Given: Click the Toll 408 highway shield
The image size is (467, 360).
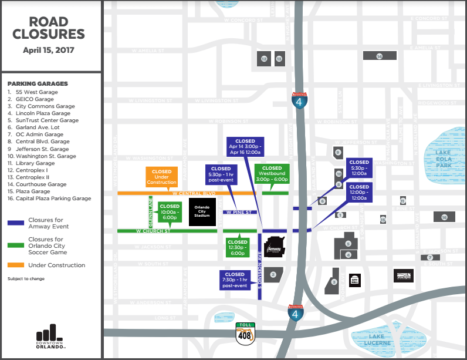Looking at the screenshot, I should coord(245,332).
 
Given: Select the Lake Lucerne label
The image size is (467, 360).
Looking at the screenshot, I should coord(371,339).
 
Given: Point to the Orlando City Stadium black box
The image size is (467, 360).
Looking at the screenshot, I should coord(202,212).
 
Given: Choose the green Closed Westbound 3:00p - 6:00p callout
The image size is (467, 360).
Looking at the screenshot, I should coord(272,175).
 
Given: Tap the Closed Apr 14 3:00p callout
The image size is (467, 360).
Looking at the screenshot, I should coord(245,150).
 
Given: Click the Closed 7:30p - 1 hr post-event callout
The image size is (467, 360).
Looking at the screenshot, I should coord(235,280).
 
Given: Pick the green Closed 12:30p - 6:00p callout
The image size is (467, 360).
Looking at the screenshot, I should coord(238,248).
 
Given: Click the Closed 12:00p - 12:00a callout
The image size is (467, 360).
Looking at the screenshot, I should coord(359,193).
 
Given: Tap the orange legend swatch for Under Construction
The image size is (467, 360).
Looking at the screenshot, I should coord(16,265).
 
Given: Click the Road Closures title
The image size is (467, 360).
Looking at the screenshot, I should coord(49,28).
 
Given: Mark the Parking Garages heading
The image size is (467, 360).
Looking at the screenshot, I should coord(38,83).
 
